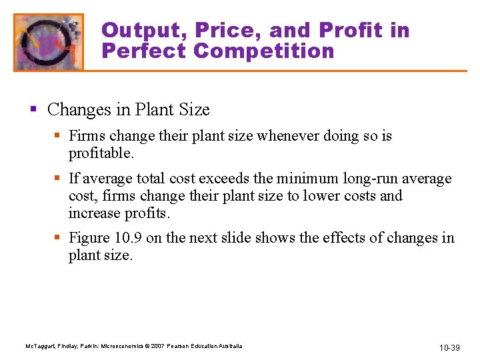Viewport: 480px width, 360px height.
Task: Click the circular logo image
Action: pyautogui.click(x=49, y=42)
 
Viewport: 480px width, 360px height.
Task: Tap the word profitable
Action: pyautogui.click(x=101, y=154)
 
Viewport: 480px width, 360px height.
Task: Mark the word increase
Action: pyautogui.click(x=94, y=213)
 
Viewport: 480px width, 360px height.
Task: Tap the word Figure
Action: pyautogui.click(x=89, y=238)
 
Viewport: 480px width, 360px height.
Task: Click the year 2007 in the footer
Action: pyautogui.click(x=160, y=346)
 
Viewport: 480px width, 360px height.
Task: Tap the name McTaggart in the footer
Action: pyautogui.click(x=39, y=346)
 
